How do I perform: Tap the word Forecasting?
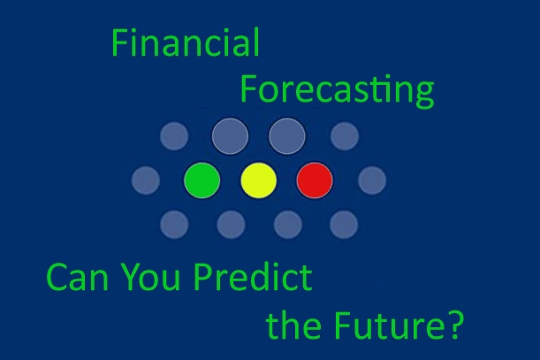point(337,90)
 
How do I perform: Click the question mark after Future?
point(453,325)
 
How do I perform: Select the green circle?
point(202,180)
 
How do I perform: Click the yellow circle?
point(259,180)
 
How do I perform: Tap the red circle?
point(315,180)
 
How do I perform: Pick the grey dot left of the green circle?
point(146,181)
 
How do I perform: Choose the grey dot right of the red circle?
point(372,181)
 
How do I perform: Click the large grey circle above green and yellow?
point(231,136)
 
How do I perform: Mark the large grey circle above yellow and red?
point(287,136)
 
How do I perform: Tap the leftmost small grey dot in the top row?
point(174,136)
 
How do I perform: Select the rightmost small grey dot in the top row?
point(344,136)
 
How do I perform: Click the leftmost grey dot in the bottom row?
point(174,225)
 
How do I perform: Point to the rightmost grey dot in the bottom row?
point(344,225)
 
